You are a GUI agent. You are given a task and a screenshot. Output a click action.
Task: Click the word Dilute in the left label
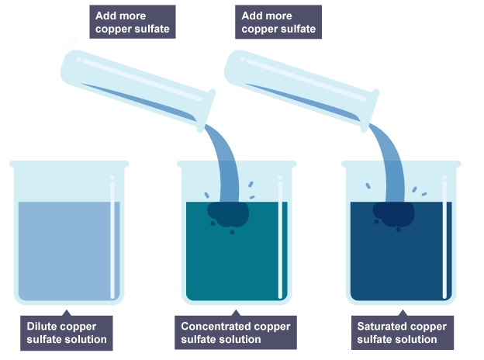coord(43,327)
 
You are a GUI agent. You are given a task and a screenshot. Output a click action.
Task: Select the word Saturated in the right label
coord(382,327)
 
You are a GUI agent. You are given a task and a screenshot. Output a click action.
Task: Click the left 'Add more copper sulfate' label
coord(133,22)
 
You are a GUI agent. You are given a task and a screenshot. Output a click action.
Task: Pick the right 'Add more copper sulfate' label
coord(278,22)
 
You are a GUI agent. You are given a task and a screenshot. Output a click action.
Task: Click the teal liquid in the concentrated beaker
coord(237,259)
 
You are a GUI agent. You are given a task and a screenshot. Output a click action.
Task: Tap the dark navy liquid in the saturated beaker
coord(401,259)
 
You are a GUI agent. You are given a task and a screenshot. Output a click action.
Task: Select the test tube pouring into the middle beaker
coord(137,90)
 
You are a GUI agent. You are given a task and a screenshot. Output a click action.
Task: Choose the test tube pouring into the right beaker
coord(301,90)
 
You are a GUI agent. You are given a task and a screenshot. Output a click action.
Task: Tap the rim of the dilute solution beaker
coord(69,164)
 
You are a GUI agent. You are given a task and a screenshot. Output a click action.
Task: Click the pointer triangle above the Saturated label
coord(403,313)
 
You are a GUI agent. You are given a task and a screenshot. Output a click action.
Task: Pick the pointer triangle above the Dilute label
coord(67,313)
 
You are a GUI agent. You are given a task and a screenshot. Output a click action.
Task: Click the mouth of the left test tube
coord(206,110)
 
